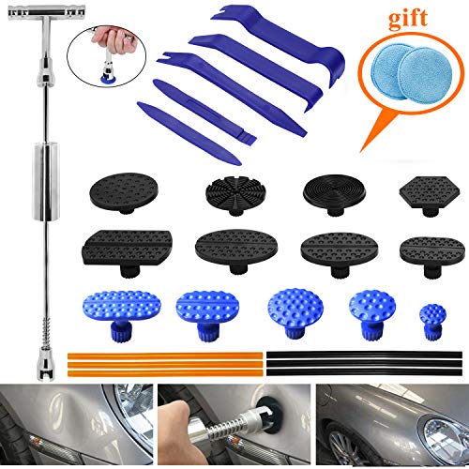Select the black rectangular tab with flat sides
(120, 249)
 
